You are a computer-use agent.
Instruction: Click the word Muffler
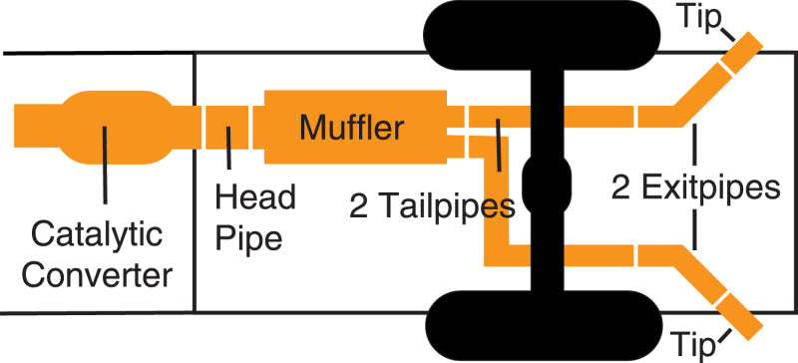pyautogui.click(x=352, y=128)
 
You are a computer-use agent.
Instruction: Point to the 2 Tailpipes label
pyautogui.click(x=432, y=205)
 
